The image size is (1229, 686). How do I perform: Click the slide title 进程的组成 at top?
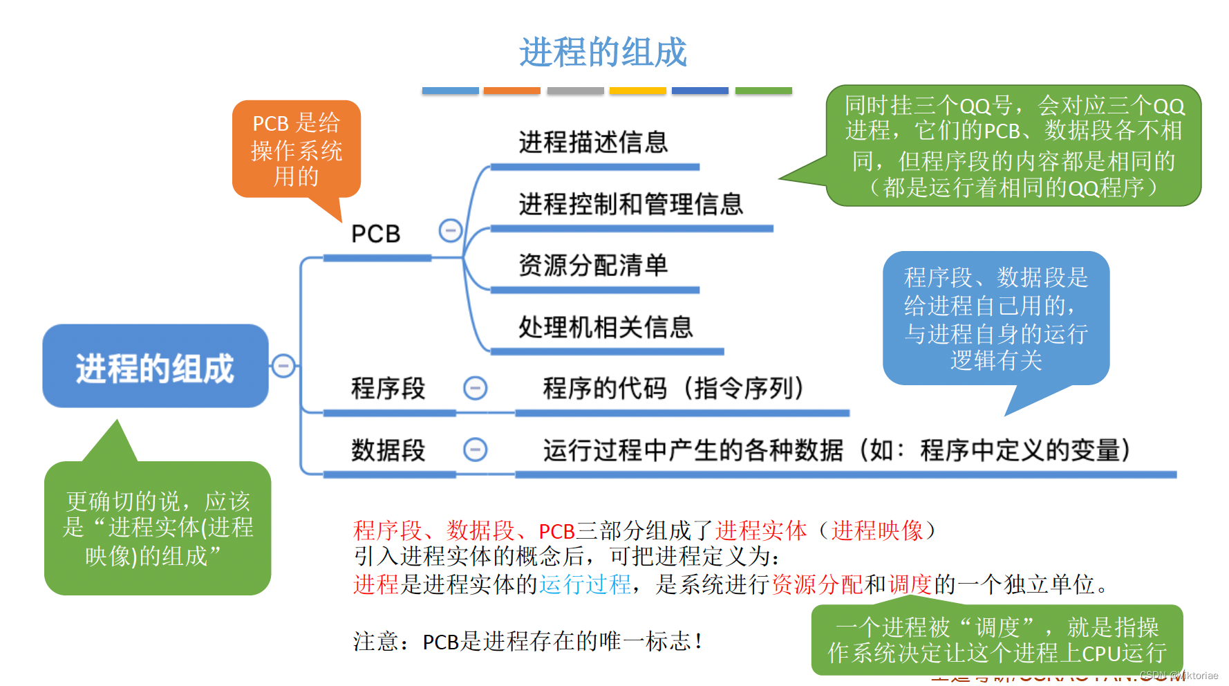[603, 53]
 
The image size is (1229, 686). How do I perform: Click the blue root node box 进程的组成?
[156, 367]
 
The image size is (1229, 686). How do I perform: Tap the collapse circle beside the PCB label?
[451, 230]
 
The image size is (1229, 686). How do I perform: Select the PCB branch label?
[375, 234]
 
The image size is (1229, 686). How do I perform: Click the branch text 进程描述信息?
[593, 142]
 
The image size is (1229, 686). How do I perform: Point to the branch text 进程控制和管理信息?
[630, 205]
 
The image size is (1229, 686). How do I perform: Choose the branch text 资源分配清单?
[593, 266]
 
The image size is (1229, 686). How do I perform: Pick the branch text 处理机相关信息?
[606, 327]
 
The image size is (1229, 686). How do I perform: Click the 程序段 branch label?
[388, 389]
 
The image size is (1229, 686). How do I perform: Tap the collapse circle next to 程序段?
[475, 388]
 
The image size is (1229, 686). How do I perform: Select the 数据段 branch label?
[388, 450]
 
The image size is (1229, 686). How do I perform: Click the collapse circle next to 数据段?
[475, 449]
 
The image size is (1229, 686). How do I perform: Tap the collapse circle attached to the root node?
[283, 365]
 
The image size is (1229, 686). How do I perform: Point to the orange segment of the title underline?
[512, 91]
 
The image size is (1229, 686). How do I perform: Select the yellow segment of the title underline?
[637, 91]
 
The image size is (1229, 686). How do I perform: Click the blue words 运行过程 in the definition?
[585, 585]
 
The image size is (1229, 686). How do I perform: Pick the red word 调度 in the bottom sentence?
[910, 585]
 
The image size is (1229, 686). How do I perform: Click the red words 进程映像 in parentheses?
[876, 531]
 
